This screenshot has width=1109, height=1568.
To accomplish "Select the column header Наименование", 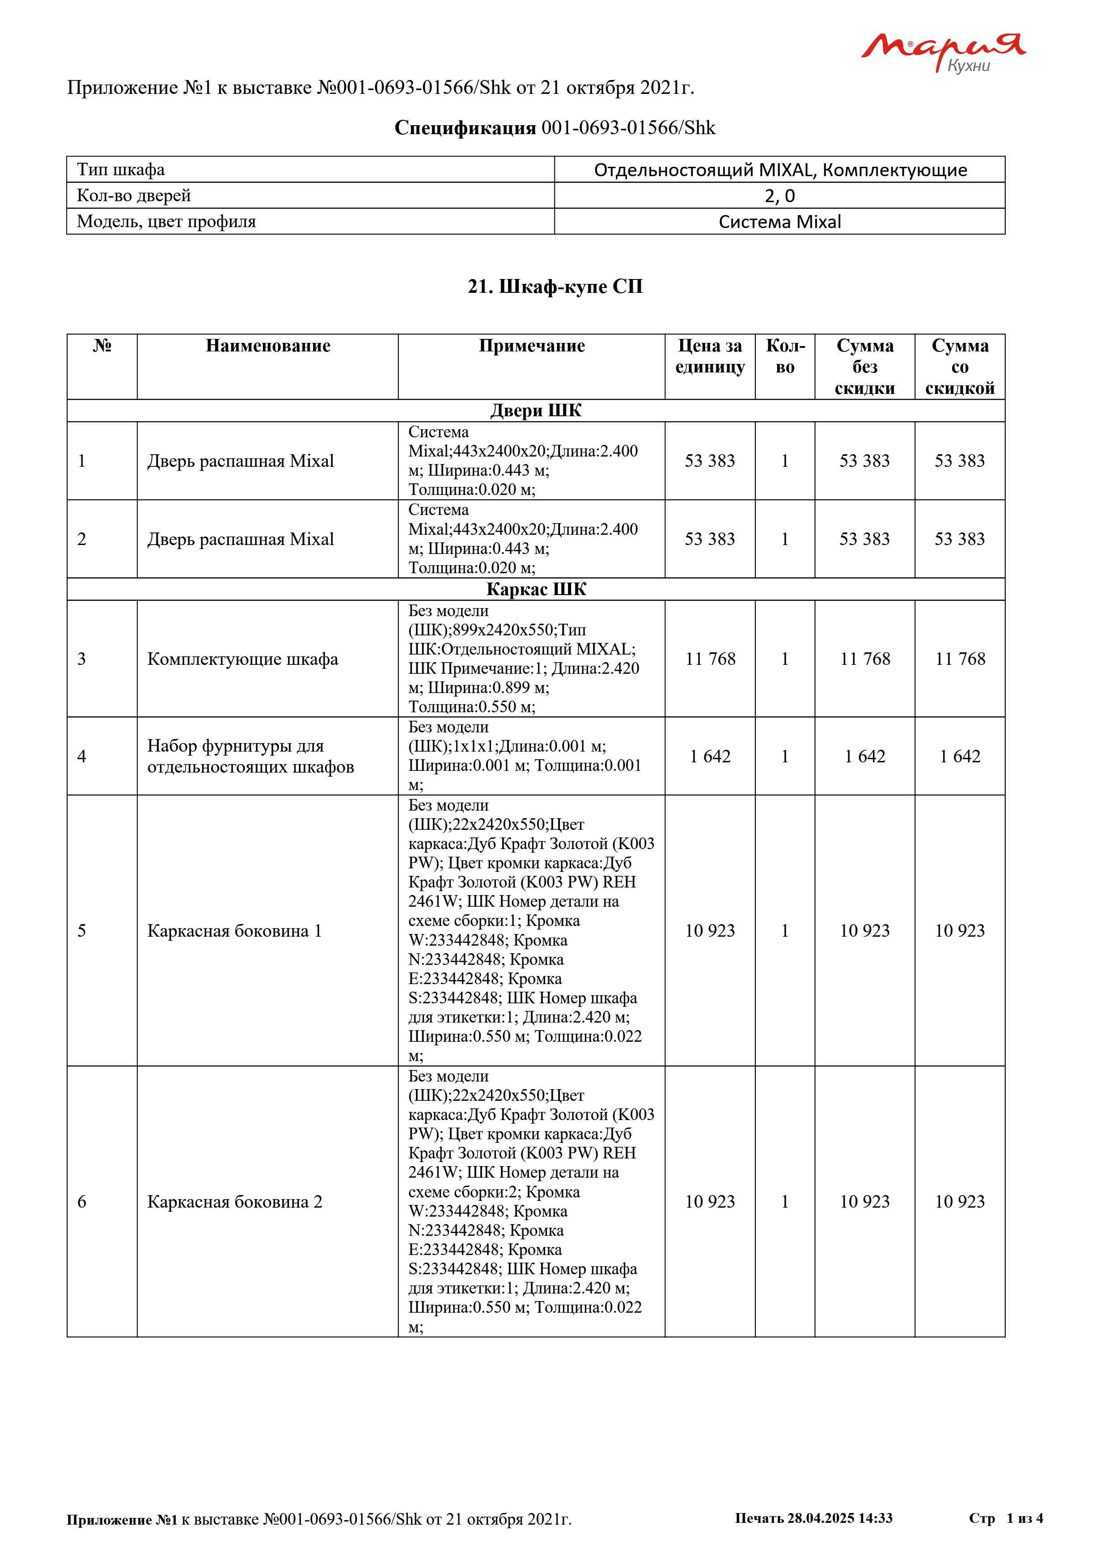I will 268,346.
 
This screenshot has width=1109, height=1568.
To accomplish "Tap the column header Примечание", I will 531,346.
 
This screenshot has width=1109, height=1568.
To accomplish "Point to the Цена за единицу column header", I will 710,356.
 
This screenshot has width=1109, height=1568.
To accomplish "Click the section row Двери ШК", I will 536,410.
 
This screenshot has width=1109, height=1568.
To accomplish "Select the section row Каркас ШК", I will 536,589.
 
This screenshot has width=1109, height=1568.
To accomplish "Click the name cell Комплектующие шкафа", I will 242,659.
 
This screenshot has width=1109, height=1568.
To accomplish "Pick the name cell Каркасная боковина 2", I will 234,1201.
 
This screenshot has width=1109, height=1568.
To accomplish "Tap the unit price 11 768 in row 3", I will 710,659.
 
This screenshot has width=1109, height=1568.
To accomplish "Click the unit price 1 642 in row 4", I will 710,756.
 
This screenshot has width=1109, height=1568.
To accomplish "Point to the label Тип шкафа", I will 121,169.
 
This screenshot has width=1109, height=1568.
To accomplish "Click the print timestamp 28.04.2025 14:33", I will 839,1518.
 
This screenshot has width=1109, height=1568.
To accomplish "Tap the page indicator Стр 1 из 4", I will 1005,1518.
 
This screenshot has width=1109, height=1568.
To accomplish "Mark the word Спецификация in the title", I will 465,128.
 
